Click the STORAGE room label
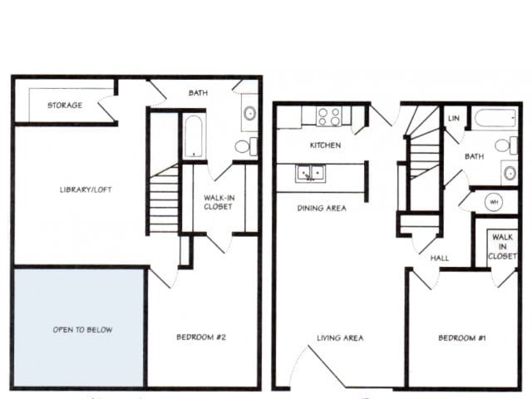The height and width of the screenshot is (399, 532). coord(64,106)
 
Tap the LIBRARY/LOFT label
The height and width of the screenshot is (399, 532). coord(86,190)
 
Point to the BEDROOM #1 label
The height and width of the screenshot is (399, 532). coord(463,337)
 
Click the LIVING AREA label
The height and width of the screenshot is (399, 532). coord(341,337)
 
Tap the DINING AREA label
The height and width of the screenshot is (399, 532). coord(322,208)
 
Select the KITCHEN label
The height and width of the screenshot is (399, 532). coord(325,145)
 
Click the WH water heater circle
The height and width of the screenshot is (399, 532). coord(492,201)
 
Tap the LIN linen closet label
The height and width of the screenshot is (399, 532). coord(453,119)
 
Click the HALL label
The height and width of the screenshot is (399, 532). coord(440,258)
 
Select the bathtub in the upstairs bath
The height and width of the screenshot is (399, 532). coord(193,136)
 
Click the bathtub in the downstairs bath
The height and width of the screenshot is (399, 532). coord(495,118)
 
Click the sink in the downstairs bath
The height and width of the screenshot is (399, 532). coord(508,173)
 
